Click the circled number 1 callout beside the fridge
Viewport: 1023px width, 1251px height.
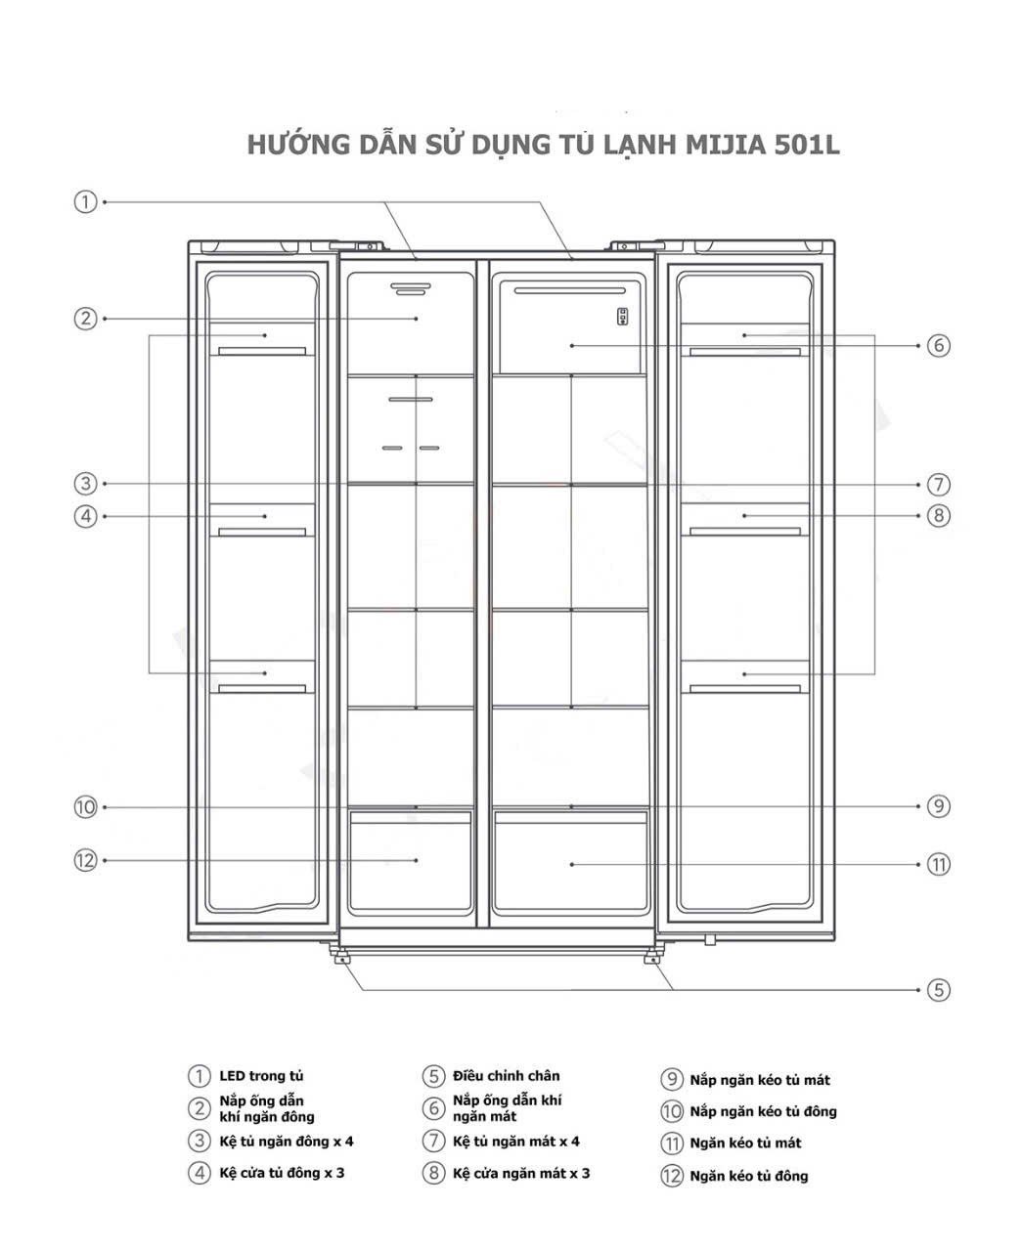coord(85,201)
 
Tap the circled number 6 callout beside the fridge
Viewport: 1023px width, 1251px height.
coord(938,345)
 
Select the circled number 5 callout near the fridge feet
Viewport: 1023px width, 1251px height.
coord(938,989)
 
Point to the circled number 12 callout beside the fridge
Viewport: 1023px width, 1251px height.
coord(85,860)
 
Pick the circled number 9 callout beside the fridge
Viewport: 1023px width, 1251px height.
coord(938,806)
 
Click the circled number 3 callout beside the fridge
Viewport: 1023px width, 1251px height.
coord(85,484)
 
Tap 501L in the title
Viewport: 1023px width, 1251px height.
coord(807,145)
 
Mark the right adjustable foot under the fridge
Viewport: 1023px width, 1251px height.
coord(650,958)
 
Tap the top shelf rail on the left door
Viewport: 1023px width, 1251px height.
coord(262,351)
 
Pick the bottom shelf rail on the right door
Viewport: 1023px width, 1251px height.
coord(744,689)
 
